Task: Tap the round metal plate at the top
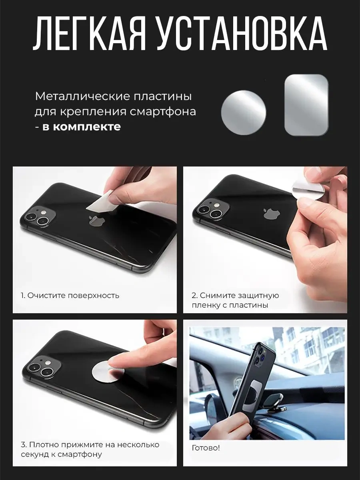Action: [x=244, y=112]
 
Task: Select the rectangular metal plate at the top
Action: [x=306, y=105]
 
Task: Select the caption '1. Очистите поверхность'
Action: [x=70, y=296]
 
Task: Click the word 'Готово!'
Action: [x=206, y=448]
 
